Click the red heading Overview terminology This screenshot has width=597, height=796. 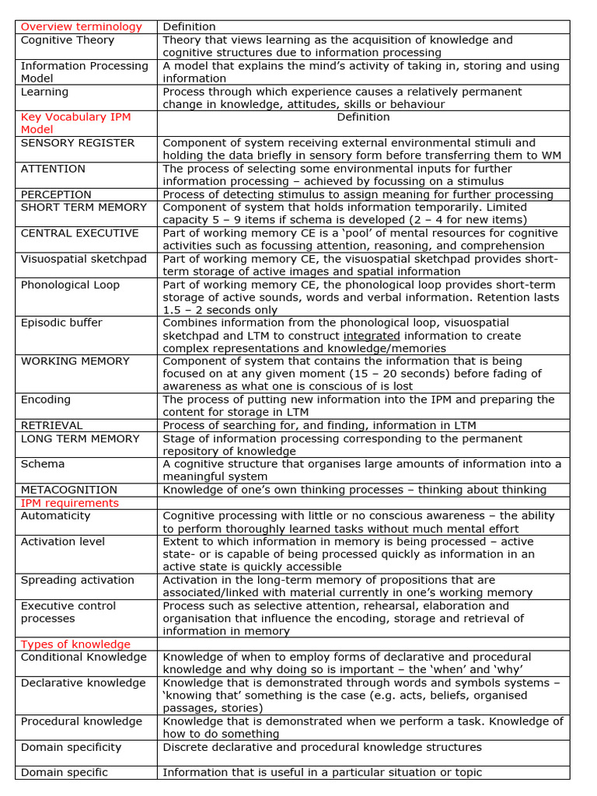pyautogui.click(x=82, y=27)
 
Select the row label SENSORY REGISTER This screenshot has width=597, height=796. pyautogui.click(x=77, y=143)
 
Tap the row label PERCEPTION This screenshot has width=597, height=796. pyautogui.click(x=56, y=194)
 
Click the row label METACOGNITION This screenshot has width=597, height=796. pyautogui.click(x=69, y=490)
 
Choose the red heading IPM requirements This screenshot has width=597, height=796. pyautogui.click(x=70, y=503)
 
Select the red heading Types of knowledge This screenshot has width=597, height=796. pyautogui.click(x=75, y=644)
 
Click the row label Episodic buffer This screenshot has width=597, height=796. pyautogui.click(x=61, y=323)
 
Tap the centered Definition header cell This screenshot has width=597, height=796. pyautogui.click(x=363, y=117)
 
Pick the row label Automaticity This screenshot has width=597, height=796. pyautogui.click(x=55, y=515)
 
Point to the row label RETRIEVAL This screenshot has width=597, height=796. pyautogui.click(x=51, y=426)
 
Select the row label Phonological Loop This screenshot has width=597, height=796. pyautogui.click(x=70, y=285)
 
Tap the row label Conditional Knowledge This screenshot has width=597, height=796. pyautogui.click(x=83, y=657)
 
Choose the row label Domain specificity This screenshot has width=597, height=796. pyautogui.click(x=71, y=747)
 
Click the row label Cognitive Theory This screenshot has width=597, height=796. pyautogui.click(x=67, y=40)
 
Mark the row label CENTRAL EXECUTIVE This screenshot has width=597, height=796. pyautogui.click(x=79, y=233)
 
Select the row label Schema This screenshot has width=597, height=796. pyautogui.click(x=43, y=464)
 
